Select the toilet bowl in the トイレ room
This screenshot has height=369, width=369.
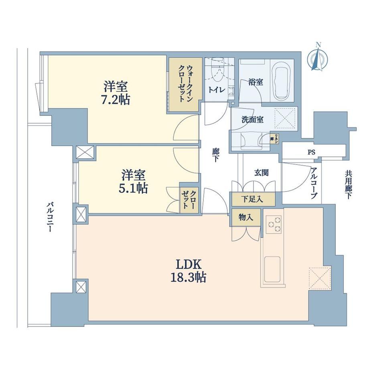point(217,70)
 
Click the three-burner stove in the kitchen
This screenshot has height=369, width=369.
point(274,225)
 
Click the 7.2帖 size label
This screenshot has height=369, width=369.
point(116,99)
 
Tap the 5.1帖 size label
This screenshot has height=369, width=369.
point(133,188)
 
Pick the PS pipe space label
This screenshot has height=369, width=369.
point(311,152)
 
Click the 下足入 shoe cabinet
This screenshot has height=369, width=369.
point(253,199)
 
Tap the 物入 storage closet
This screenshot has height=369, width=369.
point(246,217)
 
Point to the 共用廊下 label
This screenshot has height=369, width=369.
point(348,185)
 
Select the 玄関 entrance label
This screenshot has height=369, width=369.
point(261,173)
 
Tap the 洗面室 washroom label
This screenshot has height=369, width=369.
point(253,120)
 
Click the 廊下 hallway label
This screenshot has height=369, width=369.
point(215,155)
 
